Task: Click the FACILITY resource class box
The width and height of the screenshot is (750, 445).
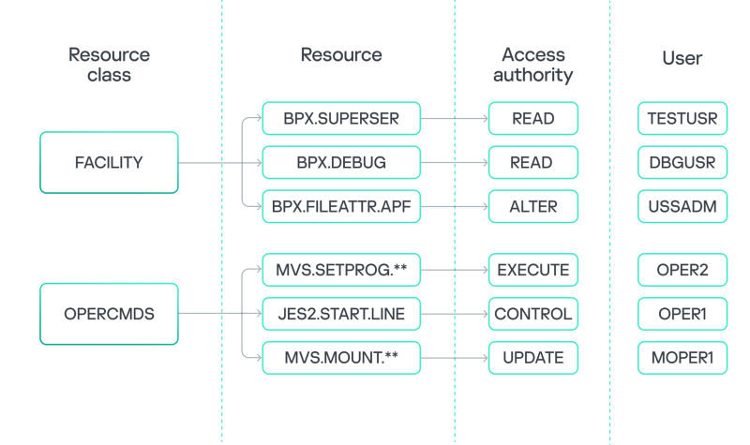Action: point(109,163)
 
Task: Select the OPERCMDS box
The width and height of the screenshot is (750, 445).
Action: point(109,314)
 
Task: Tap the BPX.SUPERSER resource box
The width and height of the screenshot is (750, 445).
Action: point(341,119)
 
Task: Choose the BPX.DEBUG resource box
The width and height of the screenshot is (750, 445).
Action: point(341,163)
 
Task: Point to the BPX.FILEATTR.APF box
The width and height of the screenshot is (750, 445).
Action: point(341,206)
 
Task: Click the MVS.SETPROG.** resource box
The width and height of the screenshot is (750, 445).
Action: point(341,270)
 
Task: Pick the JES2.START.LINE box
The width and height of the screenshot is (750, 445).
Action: point(341,314)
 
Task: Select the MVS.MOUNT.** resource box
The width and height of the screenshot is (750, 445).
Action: point(341,357)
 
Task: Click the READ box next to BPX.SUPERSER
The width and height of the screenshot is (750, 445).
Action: point(532,119)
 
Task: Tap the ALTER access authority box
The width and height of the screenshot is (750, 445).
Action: point(532,206)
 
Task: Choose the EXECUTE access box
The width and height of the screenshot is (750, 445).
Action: point(532,270)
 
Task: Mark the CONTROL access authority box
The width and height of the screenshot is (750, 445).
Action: point(532,314)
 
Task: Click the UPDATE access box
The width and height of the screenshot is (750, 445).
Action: point(532,357)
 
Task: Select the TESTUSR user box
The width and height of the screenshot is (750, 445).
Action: point(682,119)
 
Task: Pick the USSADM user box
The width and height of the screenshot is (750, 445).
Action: point(682,206)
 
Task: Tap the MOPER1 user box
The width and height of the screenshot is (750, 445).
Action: point(682,357)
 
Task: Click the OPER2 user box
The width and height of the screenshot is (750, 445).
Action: point(682,270)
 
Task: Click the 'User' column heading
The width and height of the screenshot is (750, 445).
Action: point(682,58)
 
